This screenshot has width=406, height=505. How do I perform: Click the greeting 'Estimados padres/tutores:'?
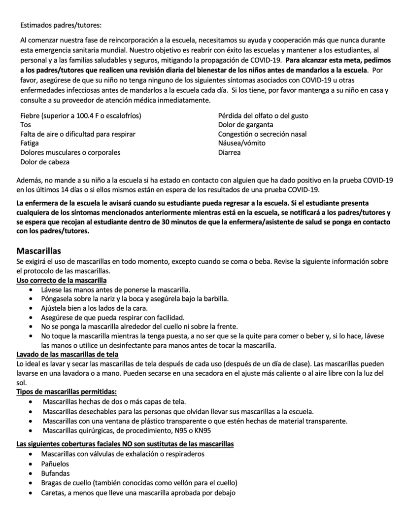pos(61,25)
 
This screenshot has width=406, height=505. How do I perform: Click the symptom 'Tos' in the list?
pos(25,125)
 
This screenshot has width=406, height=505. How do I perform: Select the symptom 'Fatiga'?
pos(30,143)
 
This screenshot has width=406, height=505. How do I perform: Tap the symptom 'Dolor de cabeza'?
pos(45,162)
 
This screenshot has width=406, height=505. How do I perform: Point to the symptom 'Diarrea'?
pos(229,152)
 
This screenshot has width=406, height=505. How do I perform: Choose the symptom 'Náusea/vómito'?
pos(241,143)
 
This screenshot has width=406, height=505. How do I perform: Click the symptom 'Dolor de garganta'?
pos(245,125)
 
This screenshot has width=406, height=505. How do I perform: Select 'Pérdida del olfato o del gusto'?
pos(263,116)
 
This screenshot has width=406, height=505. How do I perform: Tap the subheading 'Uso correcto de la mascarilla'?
pos(62,280)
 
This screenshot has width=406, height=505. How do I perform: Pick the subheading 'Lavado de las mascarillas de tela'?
pos(67,354)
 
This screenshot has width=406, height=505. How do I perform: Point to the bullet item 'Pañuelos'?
pos(55,464)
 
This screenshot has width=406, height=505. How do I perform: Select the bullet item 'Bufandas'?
pos(56,473)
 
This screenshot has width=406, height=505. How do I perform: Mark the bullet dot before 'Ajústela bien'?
pos(32,308)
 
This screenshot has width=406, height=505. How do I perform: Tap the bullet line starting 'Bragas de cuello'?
pos(139,482)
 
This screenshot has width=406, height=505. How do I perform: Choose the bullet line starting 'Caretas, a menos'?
pos(138,492)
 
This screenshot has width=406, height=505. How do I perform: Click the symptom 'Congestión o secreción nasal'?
pos(262,134)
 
